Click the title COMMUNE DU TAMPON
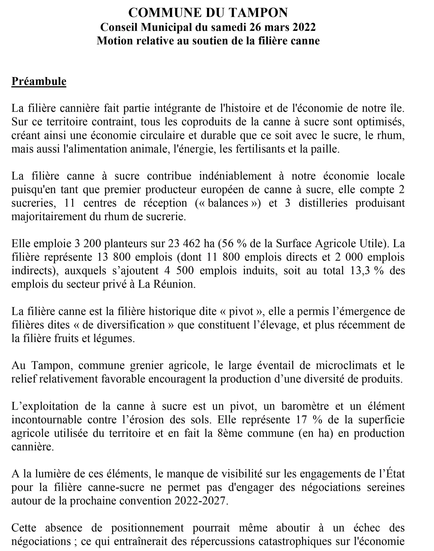pyautogui.click(x=208, y=13)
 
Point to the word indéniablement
pyautogui.click(x=235, y=176)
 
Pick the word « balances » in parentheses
pyautogui.click(x=228, y=203)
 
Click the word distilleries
pyautogui.click(x=323, y=203)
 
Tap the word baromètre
pyautogui.click(x=305, y=406)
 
